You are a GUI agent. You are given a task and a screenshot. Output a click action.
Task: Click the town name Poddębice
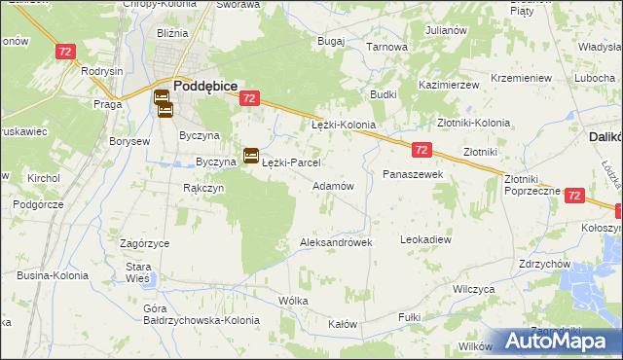(x=206, y=85)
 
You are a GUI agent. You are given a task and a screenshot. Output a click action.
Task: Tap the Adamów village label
(x=332, y=185)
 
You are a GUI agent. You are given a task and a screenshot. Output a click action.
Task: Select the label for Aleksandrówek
(x=337, y=242)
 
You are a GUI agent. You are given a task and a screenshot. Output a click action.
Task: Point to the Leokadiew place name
(x=426, y=238)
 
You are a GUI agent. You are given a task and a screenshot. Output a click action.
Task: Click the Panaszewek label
(x=414, y=173)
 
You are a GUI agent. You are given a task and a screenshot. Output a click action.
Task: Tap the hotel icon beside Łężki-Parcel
(x=250, y=154)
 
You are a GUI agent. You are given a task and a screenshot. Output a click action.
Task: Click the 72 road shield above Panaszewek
(x=421, y=150)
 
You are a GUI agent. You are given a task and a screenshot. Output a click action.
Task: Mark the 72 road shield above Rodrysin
(x=66, y=52)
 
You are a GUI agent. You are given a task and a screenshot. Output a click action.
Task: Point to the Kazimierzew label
(x=450, y=86)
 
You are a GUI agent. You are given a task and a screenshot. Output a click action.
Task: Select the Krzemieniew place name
(x=522, y=78)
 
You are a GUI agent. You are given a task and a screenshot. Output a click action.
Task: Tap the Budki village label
(x=382, y=94)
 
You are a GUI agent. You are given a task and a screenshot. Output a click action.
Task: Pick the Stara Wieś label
(x=137, y=272)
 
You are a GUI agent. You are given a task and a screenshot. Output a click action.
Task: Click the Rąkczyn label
(x=204, y=188)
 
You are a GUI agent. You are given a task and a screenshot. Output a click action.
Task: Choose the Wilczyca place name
(x=475, y=290)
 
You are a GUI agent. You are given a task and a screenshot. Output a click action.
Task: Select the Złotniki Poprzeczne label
(x=532, y=185)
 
